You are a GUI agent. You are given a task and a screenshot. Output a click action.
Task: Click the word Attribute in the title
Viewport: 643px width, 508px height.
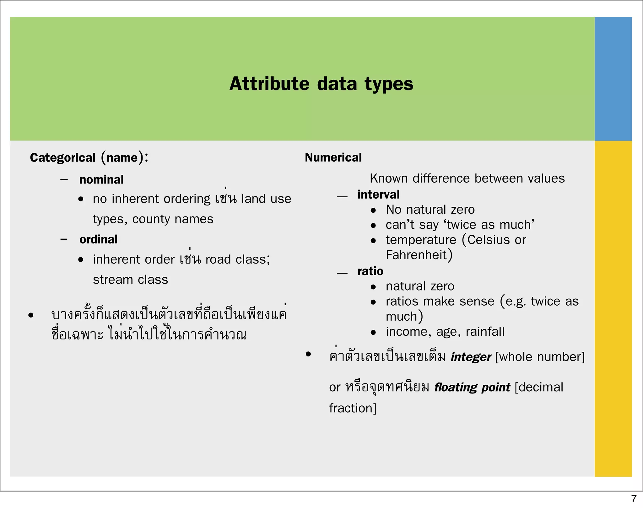click(269, 84)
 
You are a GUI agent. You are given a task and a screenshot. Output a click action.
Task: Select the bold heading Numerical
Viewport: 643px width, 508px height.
click(333, 158)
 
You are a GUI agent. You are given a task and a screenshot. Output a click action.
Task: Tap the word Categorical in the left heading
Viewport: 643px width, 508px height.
click(62, 158)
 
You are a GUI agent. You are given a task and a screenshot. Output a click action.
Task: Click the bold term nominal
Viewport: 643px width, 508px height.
click(101, 180)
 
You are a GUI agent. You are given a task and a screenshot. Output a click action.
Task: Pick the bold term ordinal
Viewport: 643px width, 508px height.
click(98, 239)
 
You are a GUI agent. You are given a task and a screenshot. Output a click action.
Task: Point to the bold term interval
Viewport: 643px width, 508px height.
click(378, 195)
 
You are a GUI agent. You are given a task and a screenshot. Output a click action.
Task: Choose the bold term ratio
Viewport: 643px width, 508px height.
click(370, 271)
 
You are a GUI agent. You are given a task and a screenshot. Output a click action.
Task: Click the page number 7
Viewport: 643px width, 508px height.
click(634, 499)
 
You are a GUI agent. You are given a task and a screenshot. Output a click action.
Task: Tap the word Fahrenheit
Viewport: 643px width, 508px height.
click(416, 255)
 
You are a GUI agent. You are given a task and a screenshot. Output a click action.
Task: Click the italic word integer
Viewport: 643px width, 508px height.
click(471, 357)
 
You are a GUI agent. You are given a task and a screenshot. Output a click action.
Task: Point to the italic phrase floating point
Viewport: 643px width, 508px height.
click(472, 388)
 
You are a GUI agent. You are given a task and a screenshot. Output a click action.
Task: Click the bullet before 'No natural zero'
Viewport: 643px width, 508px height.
click(373, 211)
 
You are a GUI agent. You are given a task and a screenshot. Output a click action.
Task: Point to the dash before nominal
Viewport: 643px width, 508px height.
click(64, 180)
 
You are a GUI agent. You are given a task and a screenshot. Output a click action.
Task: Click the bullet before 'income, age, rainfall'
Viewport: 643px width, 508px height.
click(373, 333)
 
